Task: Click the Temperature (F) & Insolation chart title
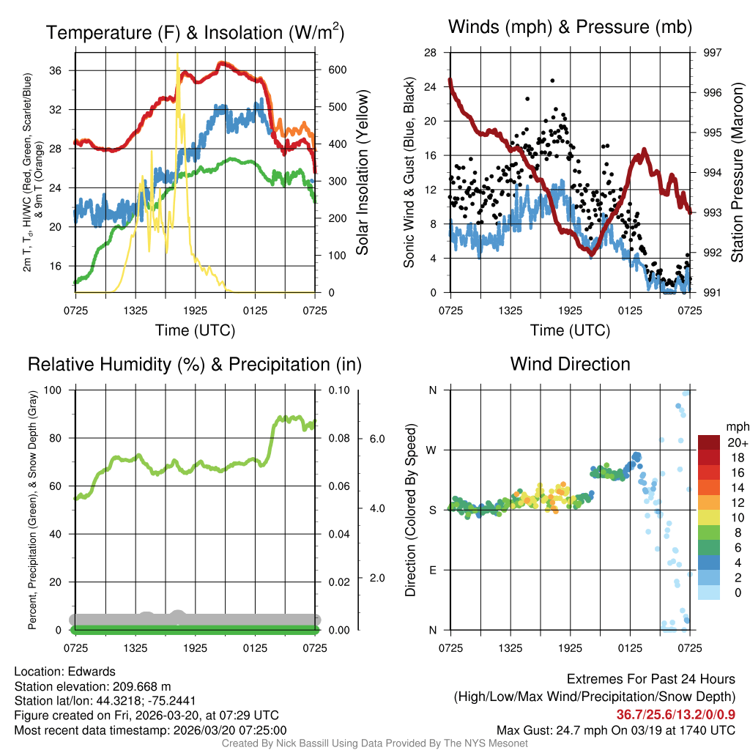click(x=195, y=32)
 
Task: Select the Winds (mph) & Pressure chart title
click(x=570, y=27)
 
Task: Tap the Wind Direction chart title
click(x=570, y=364)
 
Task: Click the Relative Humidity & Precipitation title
click(x=195, y=364)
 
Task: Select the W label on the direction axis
click(x=432, y=450)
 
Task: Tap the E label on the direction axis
click(x=432, y=570)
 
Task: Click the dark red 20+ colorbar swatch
click(x=710, y=442)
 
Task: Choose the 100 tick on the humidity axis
click(x=53, y=390)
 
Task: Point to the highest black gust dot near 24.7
click(x=552, y=81)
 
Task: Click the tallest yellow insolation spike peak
click(x=177, y=54)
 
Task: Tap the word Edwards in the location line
click(x=95, y=672)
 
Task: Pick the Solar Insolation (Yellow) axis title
click(x=363, y=173)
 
